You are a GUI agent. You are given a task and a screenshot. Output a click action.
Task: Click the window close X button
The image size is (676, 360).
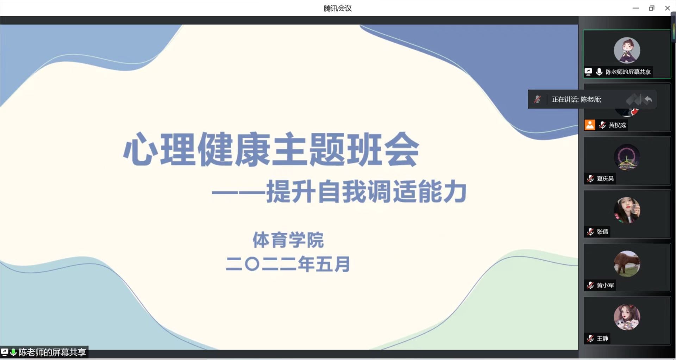(667, 8)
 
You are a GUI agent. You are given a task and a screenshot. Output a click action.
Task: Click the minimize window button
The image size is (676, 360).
(636, 8)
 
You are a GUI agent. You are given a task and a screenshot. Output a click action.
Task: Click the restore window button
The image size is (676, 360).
(651, 8)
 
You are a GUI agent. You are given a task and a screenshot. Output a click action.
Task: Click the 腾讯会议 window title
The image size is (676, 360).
(338, 8)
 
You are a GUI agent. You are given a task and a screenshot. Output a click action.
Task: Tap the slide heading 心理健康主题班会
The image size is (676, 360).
(271, 149)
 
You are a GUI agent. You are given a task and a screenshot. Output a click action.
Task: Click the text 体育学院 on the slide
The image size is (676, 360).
(288, 240)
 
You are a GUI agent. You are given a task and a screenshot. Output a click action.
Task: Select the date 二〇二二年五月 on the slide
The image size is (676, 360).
(288, 264)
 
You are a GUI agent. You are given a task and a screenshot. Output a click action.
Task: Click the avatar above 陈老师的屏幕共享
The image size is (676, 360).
(627, 50)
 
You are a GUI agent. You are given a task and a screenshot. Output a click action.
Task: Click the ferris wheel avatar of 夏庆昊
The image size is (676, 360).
(627, 157)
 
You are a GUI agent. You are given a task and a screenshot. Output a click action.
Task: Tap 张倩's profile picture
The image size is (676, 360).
(627, 210)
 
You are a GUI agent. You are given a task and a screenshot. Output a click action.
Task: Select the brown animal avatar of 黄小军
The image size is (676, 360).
(627, 264)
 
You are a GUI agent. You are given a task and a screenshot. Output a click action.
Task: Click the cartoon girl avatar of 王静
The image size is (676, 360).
(627, 317)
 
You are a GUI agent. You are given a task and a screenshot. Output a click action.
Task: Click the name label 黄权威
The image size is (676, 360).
(617, 125)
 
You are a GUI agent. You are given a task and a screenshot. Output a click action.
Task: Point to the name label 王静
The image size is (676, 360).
(602, 339)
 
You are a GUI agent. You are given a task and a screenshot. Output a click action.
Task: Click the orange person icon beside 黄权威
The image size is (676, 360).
(590, 125)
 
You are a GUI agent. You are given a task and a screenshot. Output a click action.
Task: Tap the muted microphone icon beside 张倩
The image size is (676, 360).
(590, 232)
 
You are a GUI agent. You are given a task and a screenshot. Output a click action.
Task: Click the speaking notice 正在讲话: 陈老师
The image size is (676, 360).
(576, 100)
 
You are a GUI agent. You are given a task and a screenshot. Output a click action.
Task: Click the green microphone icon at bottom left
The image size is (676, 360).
(13, 352)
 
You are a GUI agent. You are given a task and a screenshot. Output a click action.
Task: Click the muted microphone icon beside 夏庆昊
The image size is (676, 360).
(590, 179)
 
